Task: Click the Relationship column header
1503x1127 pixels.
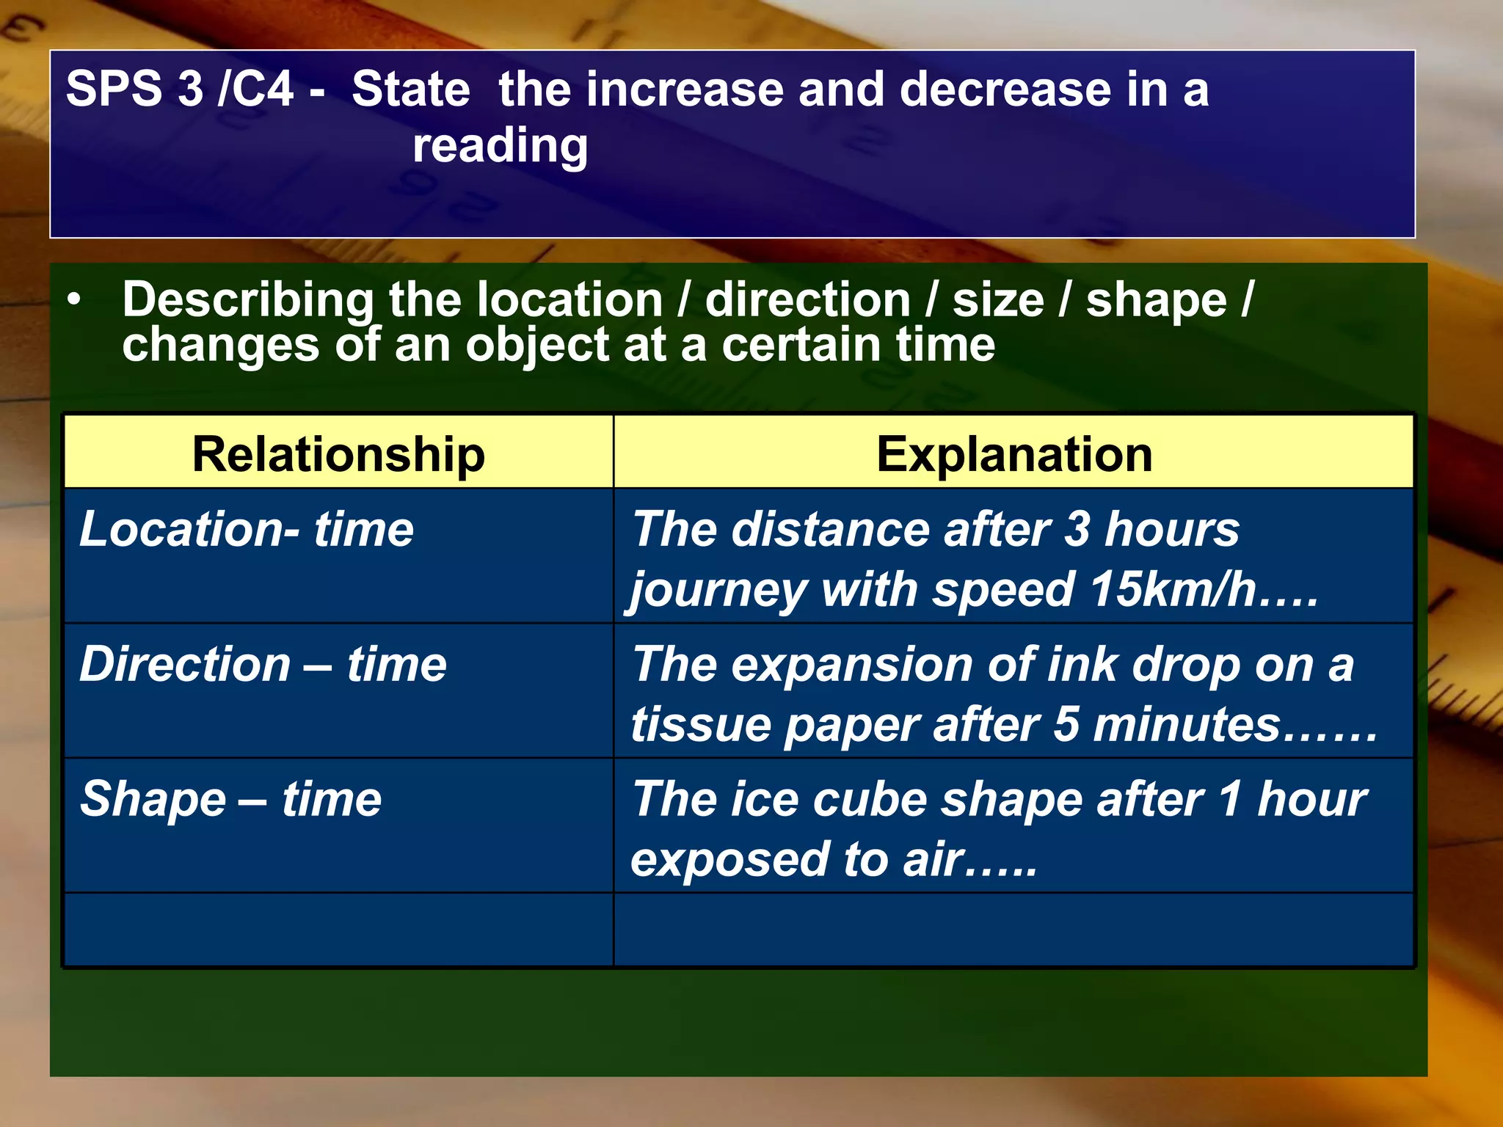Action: tap(338, 454)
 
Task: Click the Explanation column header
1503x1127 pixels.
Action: tap(1013, 454)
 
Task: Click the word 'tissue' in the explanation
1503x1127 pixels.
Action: tap(700, 725)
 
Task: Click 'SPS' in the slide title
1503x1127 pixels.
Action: tap(114, 89)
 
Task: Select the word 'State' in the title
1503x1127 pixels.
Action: tap(410, 89)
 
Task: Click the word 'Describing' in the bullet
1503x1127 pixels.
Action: tap(248, 301)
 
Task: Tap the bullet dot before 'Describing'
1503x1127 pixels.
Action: tap(73, 300)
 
